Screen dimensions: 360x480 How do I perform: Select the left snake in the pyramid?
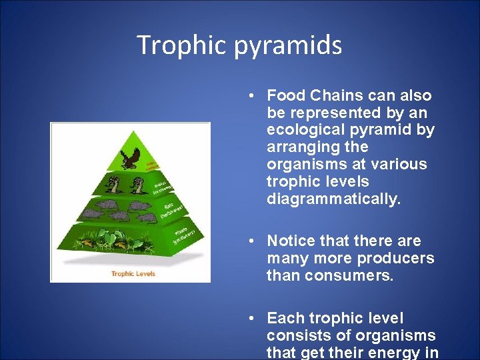115,185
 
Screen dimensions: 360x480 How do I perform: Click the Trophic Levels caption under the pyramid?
133,273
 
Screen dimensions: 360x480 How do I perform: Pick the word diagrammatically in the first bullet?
333,199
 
